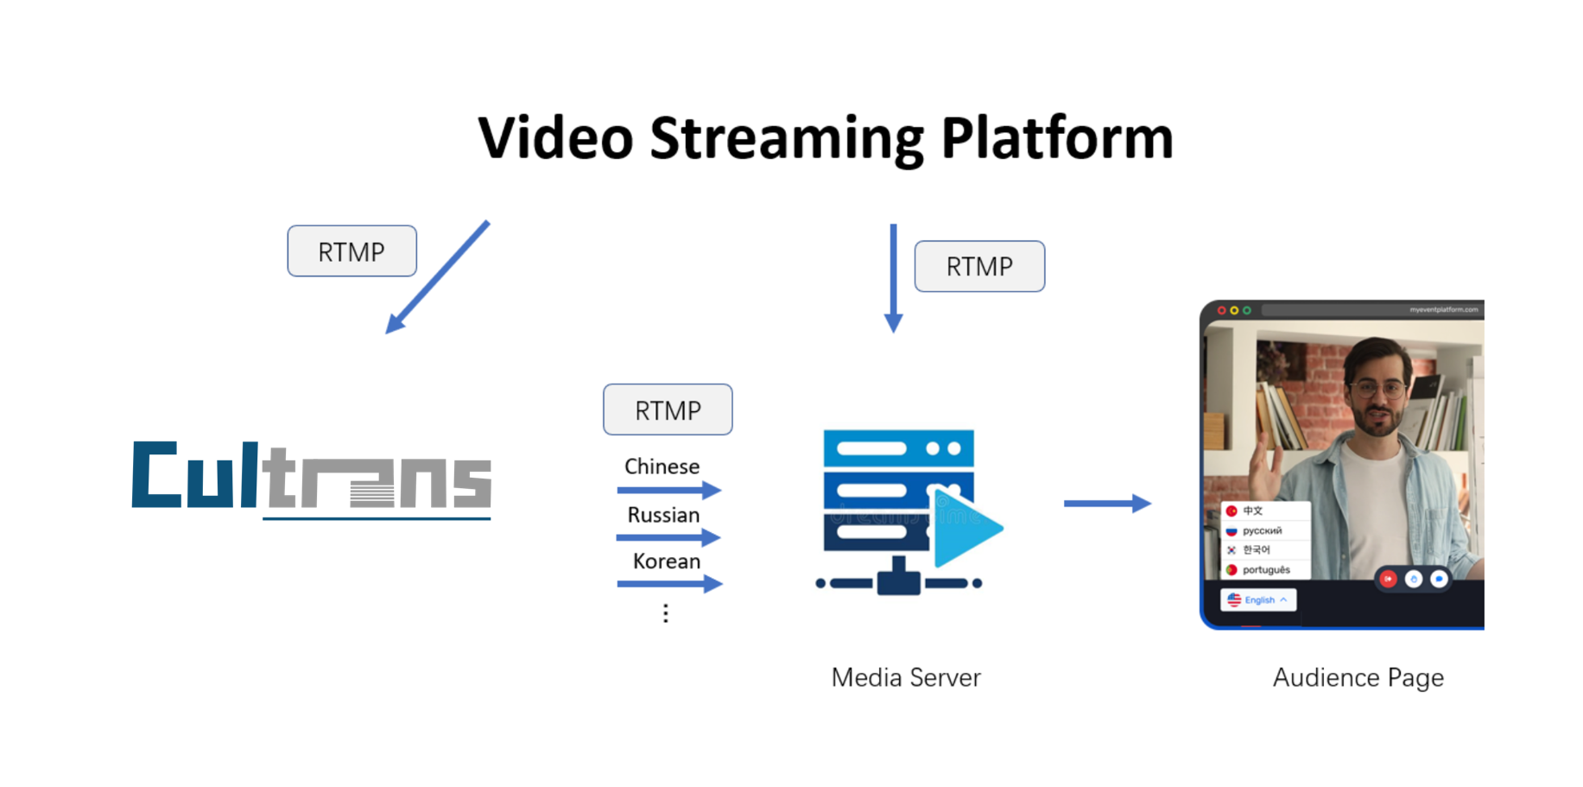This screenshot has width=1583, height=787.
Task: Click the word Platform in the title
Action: [x=1057, y=138]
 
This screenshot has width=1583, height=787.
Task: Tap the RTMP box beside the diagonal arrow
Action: [x=352, y=251]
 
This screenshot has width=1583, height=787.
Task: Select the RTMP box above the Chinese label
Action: [x=668, y=410]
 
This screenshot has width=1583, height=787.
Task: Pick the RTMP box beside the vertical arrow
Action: [x=979, y=266]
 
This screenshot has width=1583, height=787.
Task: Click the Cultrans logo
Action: [x=312, y=479]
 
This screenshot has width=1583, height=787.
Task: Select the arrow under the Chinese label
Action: [x=668, y=491]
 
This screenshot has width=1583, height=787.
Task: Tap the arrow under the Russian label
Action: [x=668, y=538]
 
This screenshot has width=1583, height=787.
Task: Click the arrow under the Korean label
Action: [x=668, y=585]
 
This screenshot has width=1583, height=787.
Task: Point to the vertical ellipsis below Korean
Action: [x=666, y=613]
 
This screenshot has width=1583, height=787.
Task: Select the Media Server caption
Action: [x=906, y=677]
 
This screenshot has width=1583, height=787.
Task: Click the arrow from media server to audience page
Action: [x=1107, y=503]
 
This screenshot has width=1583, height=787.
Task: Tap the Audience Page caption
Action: [x=1358, y=677]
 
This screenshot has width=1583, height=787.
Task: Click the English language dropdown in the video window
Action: [x=1258, y=600]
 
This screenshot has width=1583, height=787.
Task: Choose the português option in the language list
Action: [x=1265, y=570]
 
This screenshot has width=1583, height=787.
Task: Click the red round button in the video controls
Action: [x=1388, y=579]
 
